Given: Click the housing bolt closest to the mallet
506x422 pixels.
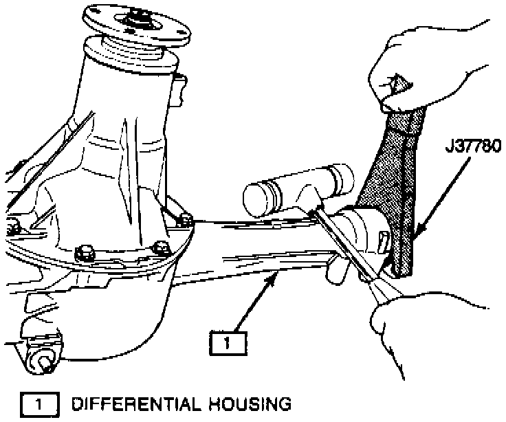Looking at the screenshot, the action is coord(184,220).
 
